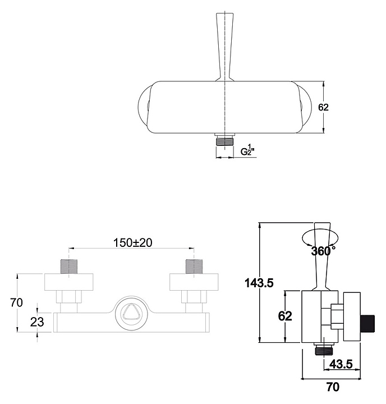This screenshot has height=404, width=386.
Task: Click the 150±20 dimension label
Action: click(x=133, y=242)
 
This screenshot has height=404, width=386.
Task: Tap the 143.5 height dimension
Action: click(x=259, y=283)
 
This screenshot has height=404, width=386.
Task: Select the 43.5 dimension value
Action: click(x=341, y=364)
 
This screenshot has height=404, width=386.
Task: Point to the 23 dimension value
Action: click(x=37, y=322)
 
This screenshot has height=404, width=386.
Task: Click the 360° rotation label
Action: click(x=323, y=251)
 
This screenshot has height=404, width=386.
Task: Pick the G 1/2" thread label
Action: click(x=247, y=149)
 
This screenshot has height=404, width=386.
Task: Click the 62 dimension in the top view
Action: click(x=323, y=107)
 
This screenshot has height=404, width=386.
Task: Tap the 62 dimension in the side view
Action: click(x=285, y=316)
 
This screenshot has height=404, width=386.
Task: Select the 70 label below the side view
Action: click(x=333, y=387)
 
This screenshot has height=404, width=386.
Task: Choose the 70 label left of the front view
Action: click(x=16, y=302)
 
